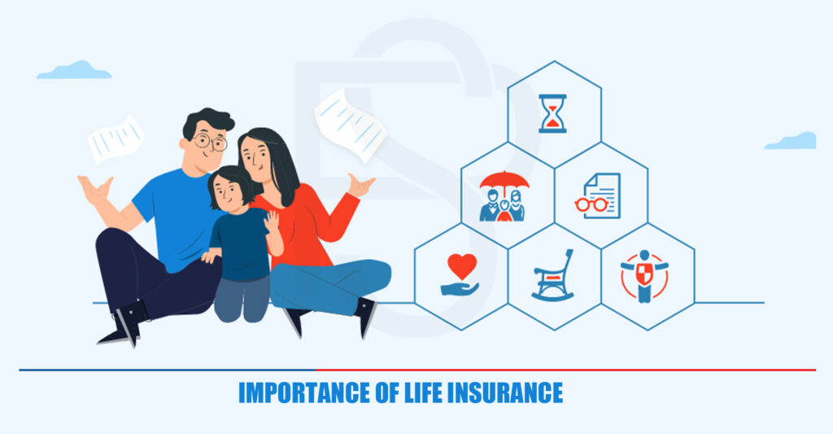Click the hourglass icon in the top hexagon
552,113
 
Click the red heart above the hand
462,266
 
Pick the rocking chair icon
553,275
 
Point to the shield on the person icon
644,274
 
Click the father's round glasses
210,142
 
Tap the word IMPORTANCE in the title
304,393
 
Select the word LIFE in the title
423,393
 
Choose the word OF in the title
387,393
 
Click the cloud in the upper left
74,70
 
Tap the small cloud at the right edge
791,140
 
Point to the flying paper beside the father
116,138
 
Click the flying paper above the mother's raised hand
351,125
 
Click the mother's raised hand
360,185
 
